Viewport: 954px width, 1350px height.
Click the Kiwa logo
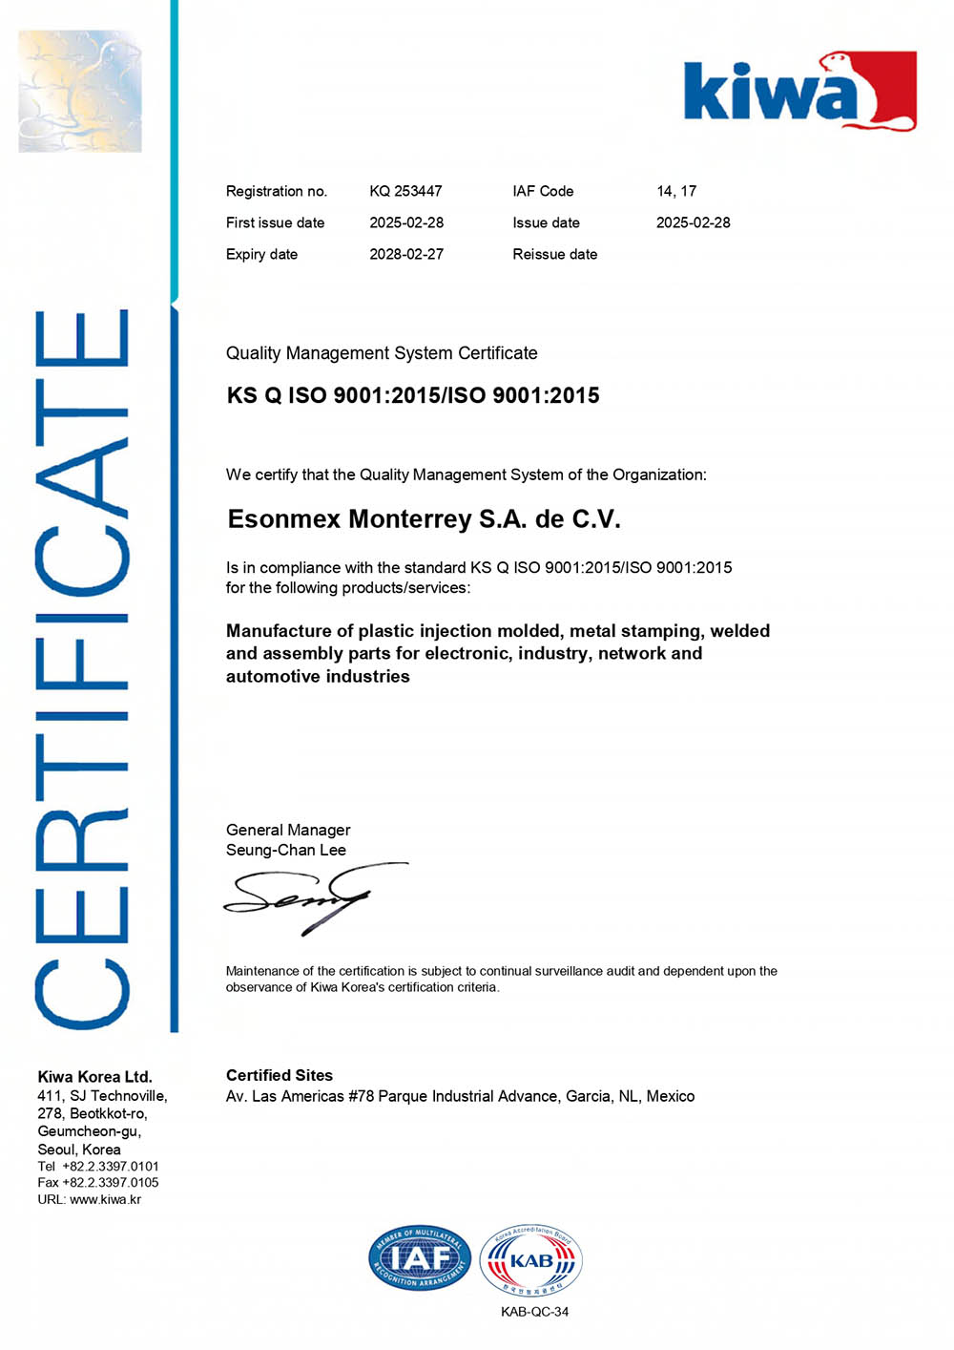799,92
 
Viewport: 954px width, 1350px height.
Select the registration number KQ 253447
405,191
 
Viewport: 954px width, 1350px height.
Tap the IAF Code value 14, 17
676,191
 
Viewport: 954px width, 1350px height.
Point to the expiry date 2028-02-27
406,254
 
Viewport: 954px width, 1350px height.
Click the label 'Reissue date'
554,254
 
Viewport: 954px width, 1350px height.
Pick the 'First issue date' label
275,222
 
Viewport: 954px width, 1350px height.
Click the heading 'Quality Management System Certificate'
382,353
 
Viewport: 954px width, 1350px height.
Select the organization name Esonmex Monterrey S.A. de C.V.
424,519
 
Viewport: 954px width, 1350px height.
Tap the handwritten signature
305,897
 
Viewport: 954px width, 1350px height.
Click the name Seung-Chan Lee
285,850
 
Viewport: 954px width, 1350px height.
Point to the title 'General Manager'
287,830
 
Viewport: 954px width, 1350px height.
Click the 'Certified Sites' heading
279,1075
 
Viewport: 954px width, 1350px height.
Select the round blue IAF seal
420,1258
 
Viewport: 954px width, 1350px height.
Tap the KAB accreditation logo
530,1260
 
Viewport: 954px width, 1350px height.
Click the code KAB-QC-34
534,1311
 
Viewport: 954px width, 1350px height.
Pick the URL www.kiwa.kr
105,1199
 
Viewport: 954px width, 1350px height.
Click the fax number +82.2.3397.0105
111,1182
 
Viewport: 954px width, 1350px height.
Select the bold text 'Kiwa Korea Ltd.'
94,1076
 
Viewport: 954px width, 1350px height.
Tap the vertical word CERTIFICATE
82,668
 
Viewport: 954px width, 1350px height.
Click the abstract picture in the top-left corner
80,91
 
